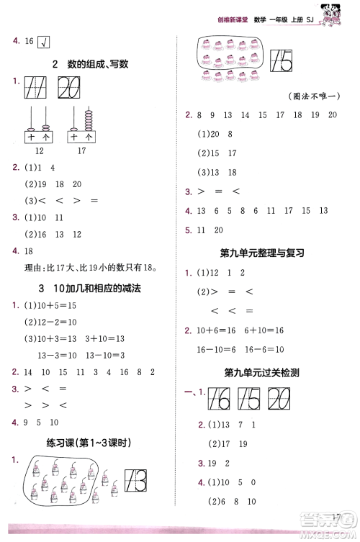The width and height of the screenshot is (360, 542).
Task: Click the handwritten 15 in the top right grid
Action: pos(282,64)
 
